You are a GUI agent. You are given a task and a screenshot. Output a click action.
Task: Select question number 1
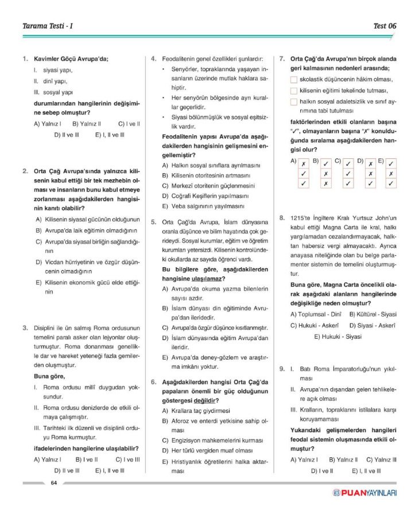(x=25, y=58)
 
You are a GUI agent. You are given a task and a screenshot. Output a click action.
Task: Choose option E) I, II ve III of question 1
(x=110, y=135)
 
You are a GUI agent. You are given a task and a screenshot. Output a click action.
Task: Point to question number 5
(x=154, y=222)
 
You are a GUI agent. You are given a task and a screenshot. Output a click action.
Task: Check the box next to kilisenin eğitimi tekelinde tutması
(x=294, y=91)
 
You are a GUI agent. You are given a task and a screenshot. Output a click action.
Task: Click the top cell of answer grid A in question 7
(x=302, y=163)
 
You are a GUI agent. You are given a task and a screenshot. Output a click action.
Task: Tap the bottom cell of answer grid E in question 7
(x=391, y=183)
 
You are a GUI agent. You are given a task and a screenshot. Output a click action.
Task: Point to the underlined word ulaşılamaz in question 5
(x=192, y=279)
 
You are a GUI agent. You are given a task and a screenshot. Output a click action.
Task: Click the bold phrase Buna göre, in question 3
(x=49, y=376)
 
